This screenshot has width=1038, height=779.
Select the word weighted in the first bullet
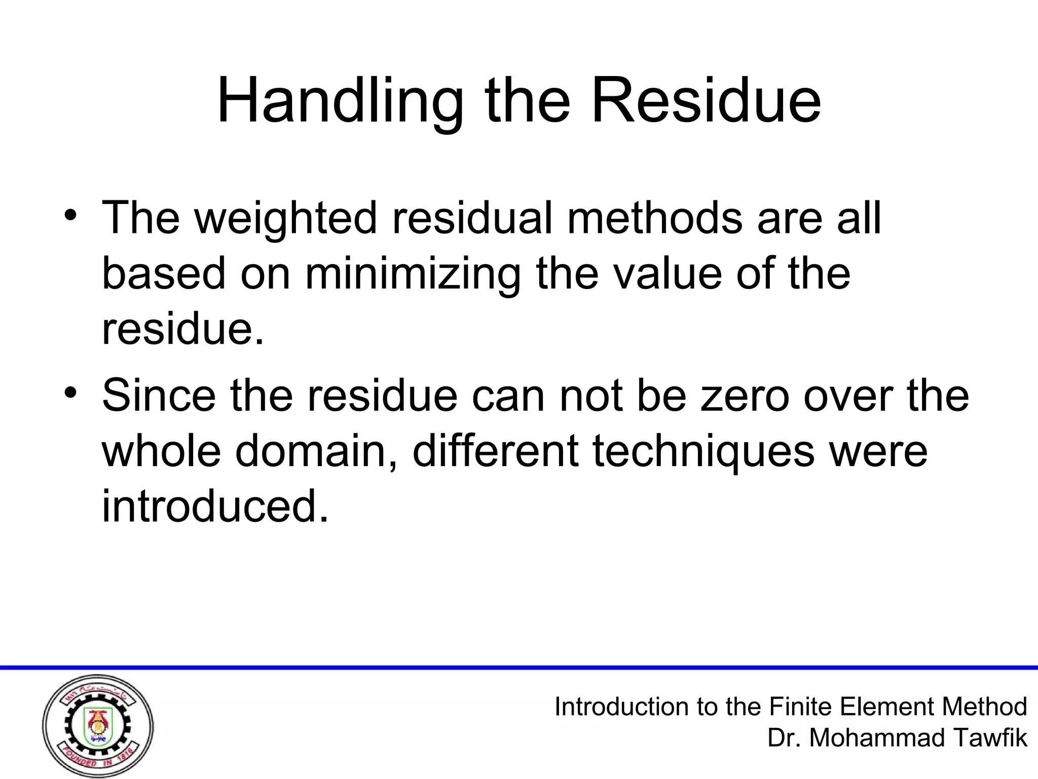[x=286, y=218]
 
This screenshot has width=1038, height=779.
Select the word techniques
[x=703, y=451]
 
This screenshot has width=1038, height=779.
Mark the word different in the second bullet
[x=496, y=451]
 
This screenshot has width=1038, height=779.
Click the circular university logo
[x=98, y=726]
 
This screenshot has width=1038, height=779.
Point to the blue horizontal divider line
[x=519, y=667]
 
